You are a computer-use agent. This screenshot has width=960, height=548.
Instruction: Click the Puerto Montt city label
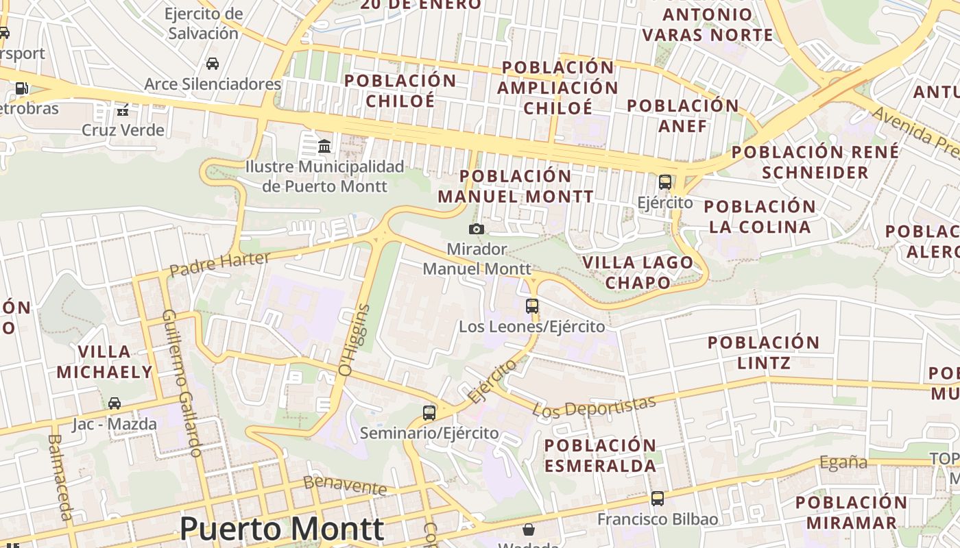click(281, 529)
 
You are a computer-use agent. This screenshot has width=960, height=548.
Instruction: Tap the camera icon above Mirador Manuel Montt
click(476, 229)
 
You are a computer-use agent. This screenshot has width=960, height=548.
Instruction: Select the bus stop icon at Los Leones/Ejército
click(532, 306)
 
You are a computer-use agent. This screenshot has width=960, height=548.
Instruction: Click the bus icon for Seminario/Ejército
click(429, 412)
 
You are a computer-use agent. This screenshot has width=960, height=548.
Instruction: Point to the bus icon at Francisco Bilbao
click(658, 498)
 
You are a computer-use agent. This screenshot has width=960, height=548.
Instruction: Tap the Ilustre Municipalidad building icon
click(324, 146)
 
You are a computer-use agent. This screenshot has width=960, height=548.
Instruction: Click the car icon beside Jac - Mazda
click(115, 403)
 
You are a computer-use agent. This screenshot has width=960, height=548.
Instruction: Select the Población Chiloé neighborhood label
click(400, 90)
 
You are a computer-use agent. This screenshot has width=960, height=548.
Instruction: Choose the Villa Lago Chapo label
click(638, 272)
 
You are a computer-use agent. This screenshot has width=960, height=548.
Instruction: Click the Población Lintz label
click(763, 352)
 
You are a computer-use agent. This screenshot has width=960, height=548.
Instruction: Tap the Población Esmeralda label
click(601, 456)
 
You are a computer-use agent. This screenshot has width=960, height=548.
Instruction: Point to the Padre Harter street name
click(219, 264)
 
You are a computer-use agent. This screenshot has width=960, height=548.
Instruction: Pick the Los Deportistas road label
click(595, 406)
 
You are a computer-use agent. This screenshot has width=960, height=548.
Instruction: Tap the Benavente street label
click(345, 485)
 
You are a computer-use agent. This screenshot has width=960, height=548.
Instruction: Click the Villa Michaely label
click(104, 362)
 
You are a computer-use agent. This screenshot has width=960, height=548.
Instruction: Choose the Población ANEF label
click(683, 116)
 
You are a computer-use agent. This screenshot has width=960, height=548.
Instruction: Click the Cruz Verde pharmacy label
click(123, 130)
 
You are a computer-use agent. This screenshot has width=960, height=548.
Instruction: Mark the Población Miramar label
click(851, 512)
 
